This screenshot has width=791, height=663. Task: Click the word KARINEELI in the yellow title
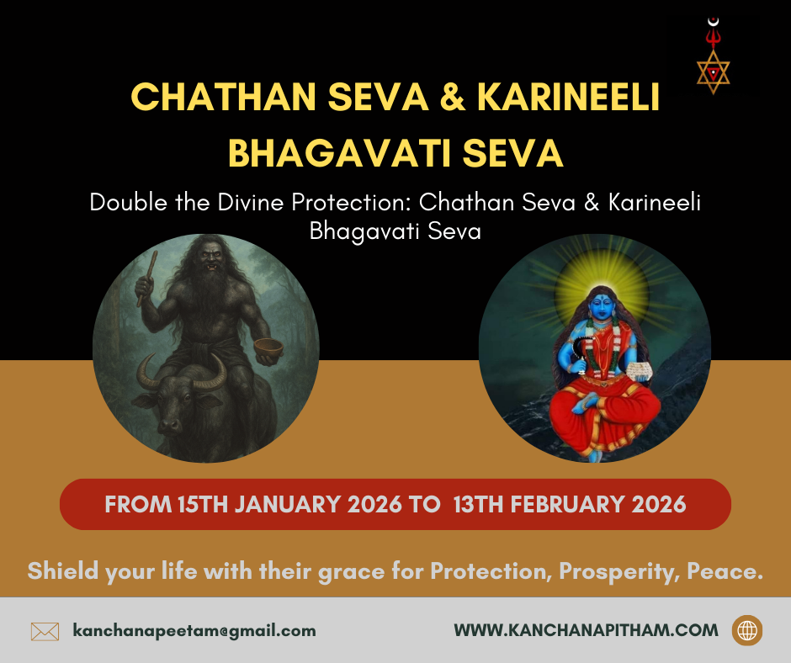click(569, 97)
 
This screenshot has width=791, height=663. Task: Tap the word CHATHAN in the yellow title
click(224, 97)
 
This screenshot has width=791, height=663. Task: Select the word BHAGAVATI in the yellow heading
click(340, 153)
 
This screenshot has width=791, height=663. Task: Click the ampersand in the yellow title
click(453, 97)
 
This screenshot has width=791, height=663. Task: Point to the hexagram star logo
click(714, 72)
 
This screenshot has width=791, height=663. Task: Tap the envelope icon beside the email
click(45, 631)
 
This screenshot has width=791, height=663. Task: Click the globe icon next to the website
click(747, 630)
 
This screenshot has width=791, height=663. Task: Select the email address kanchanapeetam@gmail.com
click(194, 631)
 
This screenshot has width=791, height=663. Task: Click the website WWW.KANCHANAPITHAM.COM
click(586, 630)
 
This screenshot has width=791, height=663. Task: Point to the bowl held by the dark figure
click(268, 347)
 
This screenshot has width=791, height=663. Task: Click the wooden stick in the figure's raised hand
click(146, 278)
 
